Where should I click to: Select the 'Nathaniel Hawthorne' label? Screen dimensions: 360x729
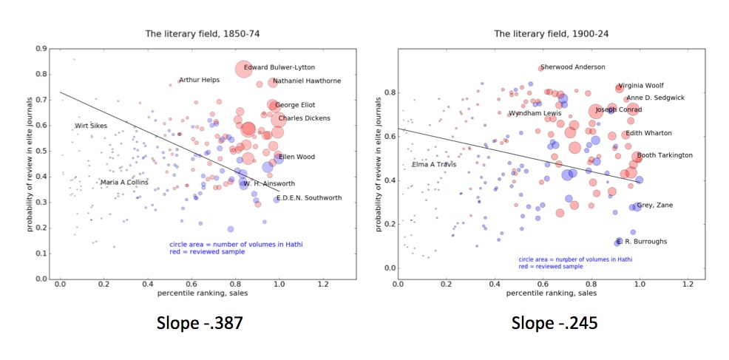pos(306,81)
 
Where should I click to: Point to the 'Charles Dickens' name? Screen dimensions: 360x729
pos(304,118)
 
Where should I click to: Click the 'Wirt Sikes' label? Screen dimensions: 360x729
pos(90,126)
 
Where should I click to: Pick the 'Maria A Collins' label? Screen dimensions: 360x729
pos(124,182)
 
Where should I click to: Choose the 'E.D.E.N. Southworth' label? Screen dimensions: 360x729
pos(308,197)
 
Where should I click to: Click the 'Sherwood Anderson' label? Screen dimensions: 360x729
pos(572,67)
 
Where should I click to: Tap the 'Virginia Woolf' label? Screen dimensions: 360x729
pos(640,86)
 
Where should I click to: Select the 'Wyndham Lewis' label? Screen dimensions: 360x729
pos(535,113)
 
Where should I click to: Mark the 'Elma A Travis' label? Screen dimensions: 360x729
pos(434,164)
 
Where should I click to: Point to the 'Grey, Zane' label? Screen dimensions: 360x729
pos(654,205)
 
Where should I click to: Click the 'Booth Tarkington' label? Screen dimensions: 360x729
pos(665,155)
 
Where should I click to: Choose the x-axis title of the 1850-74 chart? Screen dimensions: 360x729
pos(202,293)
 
